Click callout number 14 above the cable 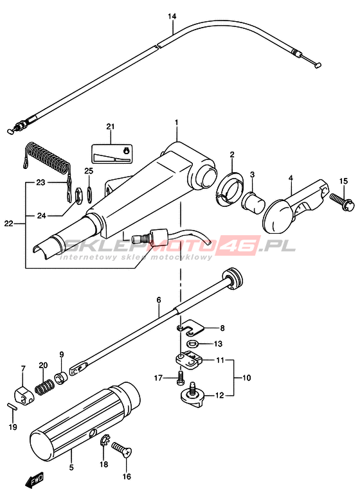click(x=172, y=17)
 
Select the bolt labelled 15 click(x=341, y=202)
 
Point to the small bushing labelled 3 click(x=253, y=202)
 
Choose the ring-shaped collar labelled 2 click(x=230, y=188)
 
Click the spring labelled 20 click(x=44, y=387)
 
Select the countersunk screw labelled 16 click(x=122, y=449)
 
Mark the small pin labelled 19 click(x=12, y=407)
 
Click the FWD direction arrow click(x=34, y=481)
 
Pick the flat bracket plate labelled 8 click(x=190, y=328)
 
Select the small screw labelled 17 click(x=181, y=378)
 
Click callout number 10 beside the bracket click(x=246, y=377)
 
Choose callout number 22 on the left click(x=8, y=224)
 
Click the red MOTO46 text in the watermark click(x=206, y=246)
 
